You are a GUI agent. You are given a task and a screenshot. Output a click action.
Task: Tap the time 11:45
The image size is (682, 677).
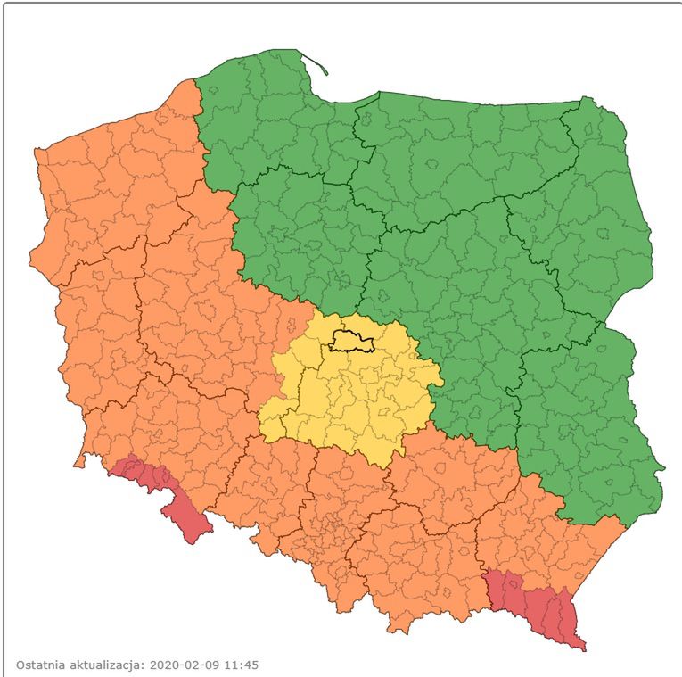(240, 665)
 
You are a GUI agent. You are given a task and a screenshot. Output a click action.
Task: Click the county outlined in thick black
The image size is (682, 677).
(351, 341)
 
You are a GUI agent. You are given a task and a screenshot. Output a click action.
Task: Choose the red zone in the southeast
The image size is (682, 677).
(535, 603)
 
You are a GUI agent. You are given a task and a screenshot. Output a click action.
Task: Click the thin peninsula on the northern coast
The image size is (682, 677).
(316, 63)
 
